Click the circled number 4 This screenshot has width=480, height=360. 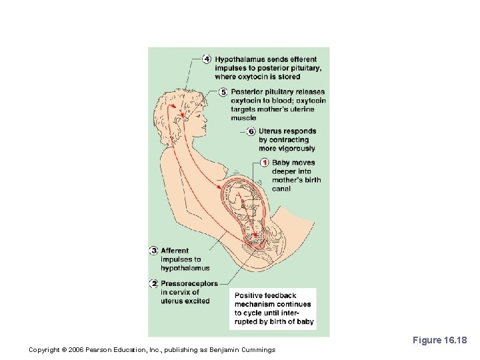click(207, 59)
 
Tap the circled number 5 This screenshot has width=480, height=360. click(223, 92)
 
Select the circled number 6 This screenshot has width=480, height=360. click(251, 131)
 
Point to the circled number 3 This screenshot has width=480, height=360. click(153, 251)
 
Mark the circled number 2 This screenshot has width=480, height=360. click(153, 283)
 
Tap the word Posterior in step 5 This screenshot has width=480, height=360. click(248, 92)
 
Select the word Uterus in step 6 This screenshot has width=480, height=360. click(270, 131)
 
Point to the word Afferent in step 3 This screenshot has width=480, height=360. click(175, 251)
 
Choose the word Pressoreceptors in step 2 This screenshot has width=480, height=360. click(189, 283)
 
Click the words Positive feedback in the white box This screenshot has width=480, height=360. click(265, 295)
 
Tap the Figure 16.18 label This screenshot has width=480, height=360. click(440, 341)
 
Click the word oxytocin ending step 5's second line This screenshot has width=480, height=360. click(309, 101)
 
